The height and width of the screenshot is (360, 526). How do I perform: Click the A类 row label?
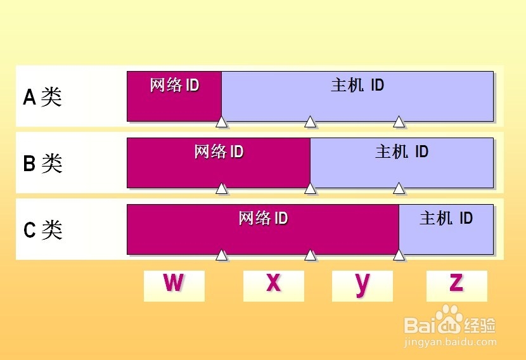click(x=42, y=97)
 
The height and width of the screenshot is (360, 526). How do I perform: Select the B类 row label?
click(x=42, y=164)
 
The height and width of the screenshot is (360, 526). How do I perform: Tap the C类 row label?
click(x=42, y=230)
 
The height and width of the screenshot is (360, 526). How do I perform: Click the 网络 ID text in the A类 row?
click(x=174, y=86)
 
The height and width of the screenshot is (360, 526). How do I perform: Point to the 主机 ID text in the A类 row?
click(x=357, y=85)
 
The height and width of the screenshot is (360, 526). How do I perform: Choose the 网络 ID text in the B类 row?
click(x=219, y=152)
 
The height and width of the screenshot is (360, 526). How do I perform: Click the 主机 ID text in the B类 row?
click(x=402, y=152)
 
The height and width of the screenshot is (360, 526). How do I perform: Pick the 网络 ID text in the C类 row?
click(x=263, y=219)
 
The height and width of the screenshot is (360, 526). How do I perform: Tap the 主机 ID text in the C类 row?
click(x=446, y=219)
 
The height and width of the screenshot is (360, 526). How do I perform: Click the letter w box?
click(x=174, y=286)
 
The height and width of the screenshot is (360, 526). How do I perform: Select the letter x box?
click(x=273, y=286)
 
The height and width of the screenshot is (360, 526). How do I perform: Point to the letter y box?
click(x=362, y=286)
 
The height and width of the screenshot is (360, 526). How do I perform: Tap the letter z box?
click(x=456, y=286)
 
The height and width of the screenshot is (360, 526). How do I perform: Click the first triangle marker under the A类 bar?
click(x=222, y=122)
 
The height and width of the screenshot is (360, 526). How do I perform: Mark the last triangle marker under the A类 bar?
click(x=399, y=122)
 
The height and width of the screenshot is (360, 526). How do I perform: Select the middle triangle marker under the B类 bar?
click(x=311, y=188)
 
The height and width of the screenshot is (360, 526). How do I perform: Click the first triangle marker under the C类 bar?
click(x=222, y=255)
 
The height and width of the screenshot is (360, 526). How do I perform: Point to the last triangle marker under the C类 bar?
click(x=399, y=255)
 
